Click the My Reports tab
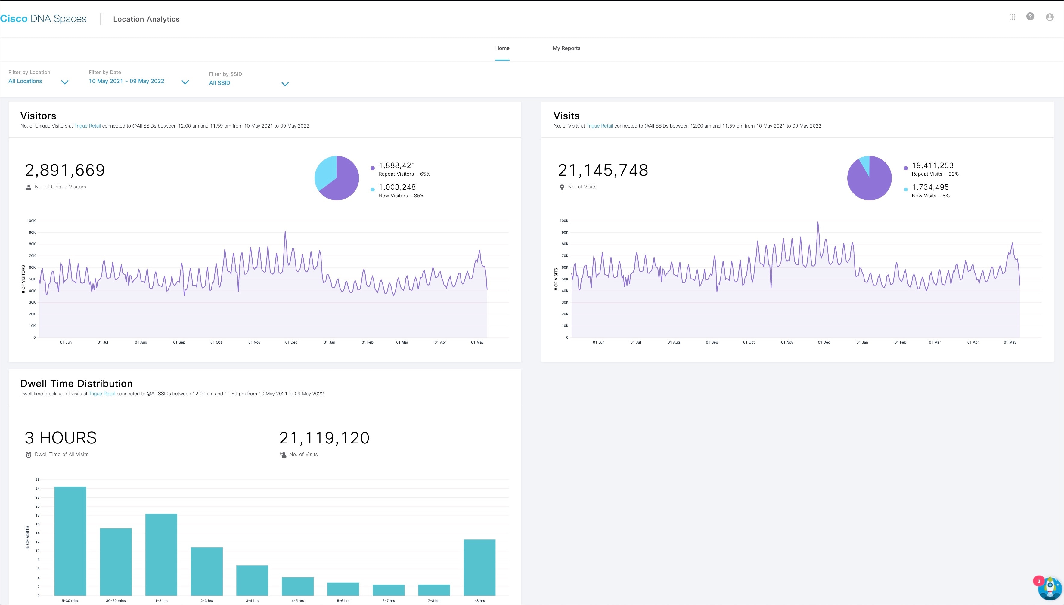[x=566, y=48]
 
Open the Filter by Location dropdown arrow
[x=65, y=82]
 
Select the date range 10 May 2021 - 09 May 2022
[x=126, y=81]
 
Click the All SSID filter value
[x=219, y=83]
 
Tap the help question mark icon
[x=1030, y=17]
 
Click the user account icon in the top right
[x=1050, y=17]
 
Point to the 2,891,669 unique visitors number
[x=65, y=170]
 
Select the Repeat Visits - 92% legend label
[x=935, y=174]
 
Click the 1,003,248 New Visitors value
[x=397, y=187]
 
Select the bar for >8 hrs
[x=479, y=567]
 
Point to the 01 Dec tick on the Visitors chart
[x=291, y=342]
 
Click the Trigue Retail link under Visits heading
[x=599, y=126]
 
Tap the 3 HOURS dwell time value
[x=61, y=438]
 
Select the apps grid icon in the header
[x=1012, y=17]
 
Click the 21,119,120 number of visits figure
[x=324, y=438]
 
